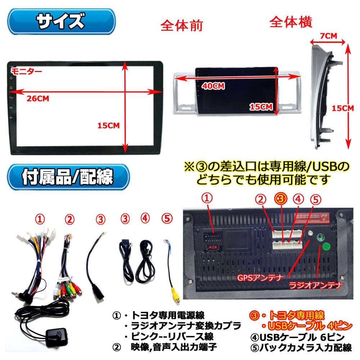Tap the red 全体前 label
point(182,26)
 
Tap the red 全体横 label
point(291,22)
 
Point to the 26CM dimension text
point(38,98)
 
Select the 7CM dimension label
point(328,36)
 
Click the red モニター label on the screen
point(27,71)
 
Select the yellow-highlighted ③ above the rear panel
point(281,198)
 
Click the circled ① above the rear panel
point(207,198)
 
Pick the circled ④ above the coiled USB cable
point(145,219)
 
